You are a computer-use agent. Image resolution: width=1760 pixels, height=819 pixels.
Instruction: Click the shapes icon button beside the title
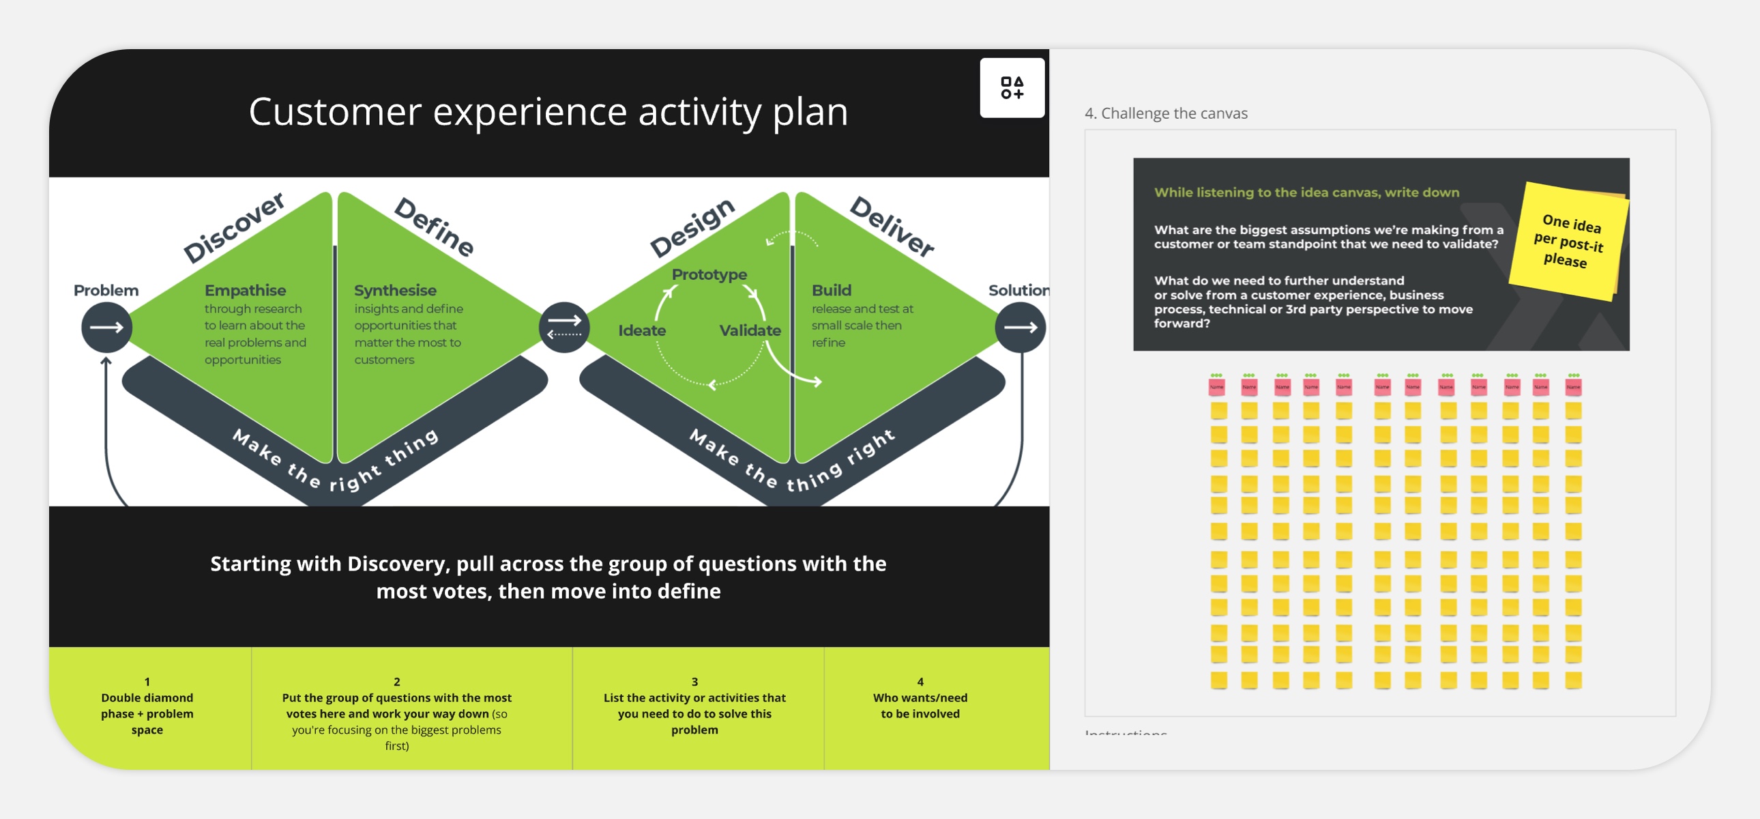click(x=1011, y=87)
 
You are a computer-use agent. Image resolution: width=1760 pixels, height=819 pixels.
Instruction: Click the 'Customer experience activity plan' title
click(x=548, y=111)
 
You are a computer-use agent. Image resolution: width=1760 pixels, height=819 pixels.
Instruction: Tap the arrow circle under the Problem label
click(x=106, y=328)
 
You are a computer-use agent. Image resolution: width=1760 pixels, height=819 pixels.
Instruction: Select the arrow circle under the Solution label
click(x=1019, y=328)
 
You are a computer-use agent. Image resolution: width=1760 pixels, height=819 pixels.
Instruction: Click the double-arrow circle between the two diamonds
click(x=563, y=328)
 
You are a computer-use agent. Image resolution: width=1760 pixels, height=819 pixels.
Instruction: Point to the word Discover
click(x=234, y=227)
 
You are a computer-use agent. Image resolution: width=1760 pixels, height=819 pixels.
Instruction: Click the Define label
click(x=435, y=227)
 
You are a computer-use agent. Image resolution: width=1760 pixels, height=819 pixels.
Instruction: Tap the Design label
click(x=692, y=227)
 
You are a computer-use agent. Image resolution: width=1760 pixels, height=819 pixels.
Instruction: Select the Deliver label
click(x=892, y=227)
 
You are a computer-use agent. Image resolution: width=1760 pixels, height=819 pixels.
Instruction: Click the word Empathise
click(x=246, y=290)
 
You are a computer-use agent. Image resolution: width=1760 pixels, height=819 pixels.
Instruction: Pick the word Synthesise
click(x=395, y=290)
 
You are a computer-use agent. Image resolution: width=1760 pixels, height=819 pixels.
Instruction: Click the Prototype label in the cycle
click(x=709, y=274)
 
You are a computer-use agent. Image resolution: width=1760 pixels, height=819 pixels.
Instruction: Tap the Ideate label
click(x=641, y=330)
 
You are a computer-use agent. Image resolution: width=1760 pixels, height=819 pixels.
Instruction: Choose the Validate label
click(x=750, y=330)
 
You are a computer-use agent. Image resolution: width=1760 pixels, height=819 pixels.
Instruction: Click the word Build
click(x=831, y=290)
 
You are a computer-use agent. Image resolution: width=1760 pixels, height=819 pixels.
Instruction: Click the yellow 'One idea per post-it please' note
click(x=1568, y=241)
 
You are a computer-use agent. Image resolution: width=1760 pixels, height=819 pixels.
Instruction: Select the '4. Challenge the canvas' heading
click(x=1166, y=113)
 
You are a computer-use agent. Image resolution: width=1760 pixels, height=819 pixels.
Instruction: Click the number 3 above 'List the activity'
click(x=694, y=682)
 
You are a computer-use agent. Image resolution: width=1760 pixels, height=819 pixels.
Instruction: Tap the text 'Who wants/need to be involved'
click(x=920, y=706)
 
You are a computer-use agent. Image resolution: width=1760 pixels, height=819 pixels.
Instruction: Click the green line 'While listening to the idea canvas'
click(x=1306, y=192)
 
